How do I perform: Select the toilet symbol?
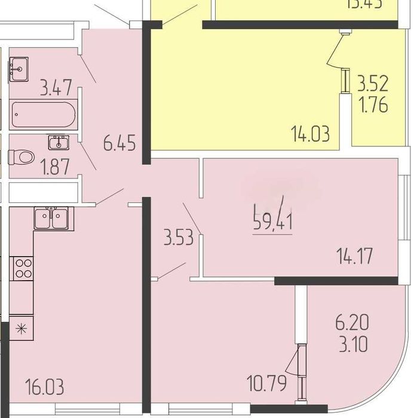pyautogui.click(x=21, y=157)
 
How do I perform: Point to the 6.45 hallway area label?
pyautogui.click(x=119, y=143)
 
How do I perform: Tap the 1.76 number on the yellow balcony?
pyautogui.click(x=372, y=105)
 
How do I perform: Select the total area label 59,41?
pyautogui.click(x=272, y=224)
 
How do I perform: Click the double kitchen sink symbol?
pyautogui.click(x=52, y=218)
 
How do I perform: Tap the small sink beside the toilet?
pyautogui.click(x=59, y=142)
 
